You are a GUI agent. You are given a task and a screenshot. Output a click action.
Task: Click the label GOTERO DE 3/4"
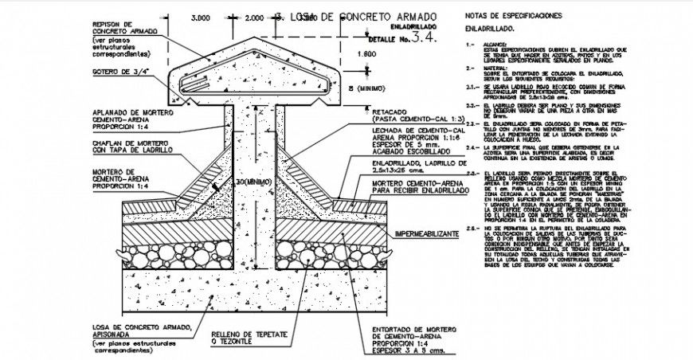click(123, 72)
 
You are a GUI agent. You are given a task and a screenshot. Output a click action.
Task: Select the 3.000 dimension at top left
click(200, 17)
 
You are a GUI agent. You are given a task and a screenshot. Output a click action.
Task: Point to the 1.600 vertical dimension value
click(365, 53)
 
